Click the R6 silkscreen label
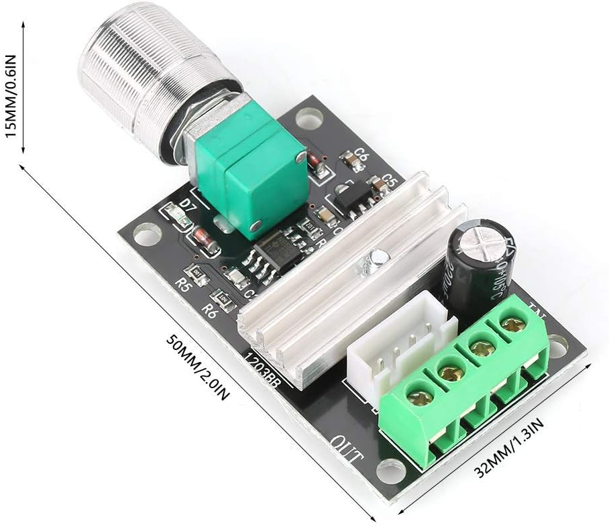pos(210,309)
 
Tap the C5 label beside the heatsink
pos(390,181)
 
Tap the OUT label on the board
pos(346,450)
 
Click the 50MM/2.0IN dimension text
pos(198,366)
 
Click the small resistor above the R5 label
pos(197,272)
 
